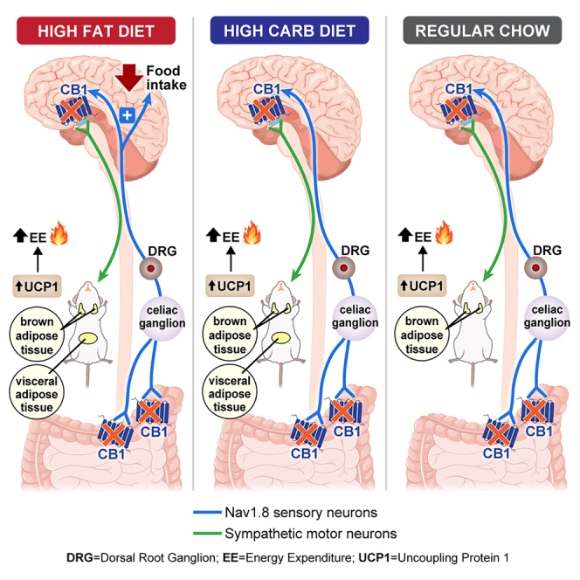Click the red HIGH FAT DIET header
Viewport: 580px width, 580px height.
tap(96, 31)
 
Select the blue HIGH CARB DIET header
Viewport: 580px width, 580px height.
tap(289, 31)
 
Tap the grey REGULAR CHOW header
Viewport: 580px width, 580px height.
tap(482, 31)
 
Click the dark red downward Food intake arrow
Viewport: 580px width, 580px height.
tap(129, 78)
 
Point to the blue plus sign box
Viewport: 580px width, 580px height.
tap(128, 115)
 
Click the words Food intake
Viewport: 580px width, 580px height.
tap(166, 78)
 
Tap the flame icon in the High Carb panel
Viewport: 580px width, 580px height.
tap(252, 232)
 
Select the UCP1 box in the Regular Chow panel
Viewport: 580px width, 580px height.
tap(422, 286)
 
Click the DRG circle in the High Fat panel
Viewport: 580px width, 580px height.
tap(150, 268)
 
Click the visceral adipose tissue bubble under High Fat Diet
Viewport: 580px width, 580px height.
tap(37, 394)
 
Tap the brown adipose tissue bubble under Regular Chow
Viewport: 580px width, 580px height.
tap(422, 335)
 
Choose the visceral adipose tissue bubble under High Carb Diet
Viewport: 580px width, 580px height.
tap(230, 393)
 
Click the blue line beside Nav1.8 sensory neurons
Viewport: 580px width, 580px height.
tap(207, 513)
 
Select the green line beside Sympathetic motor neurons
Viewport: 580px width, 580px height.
tap(207, 534)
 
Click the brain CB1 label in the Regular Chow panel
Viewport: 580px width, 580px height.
tap(459, 89)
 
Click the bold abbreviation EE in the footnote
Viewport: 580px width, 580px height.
tap(230, 558)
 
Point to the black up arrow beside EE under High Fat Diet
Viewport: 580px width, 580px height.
tap(20, 235)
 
